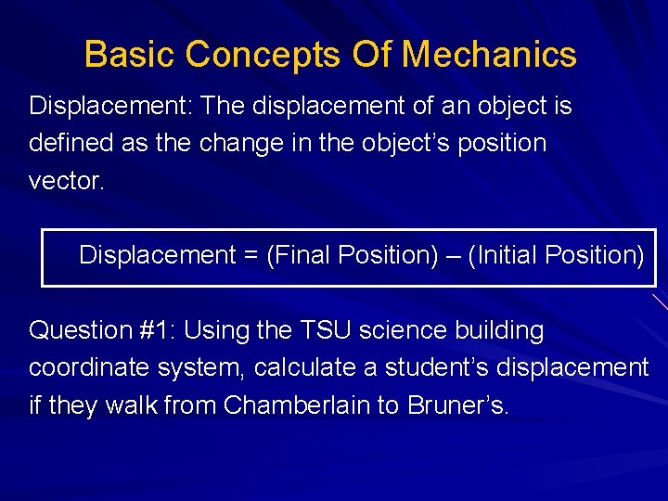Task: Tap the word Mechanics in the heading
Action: point(489,55)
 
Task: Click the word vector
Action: point(67,181)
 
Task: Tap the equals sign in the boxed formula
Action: point(250,255)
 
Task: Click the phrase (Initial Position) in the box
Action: point(556,255)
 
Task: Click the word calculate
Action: point(302,367)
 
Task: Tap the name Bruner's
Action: point(457,405)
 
